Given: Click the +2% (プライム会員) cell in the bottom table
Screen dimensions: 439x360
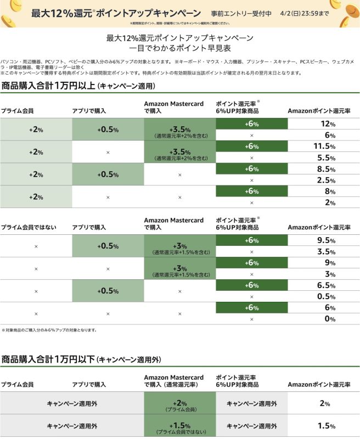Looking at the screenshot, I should [x=180, y=403].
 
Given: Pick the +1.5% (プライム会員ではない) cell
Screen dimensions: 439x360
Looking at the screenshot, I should [x=180, y=426].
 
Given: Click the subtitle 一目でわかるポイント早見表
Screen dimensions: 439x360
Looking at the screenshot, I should [x=180, y=48].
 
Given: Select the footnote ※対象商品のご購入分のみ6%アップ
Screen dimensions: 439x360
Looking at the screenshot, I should [x=49, y=330].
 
